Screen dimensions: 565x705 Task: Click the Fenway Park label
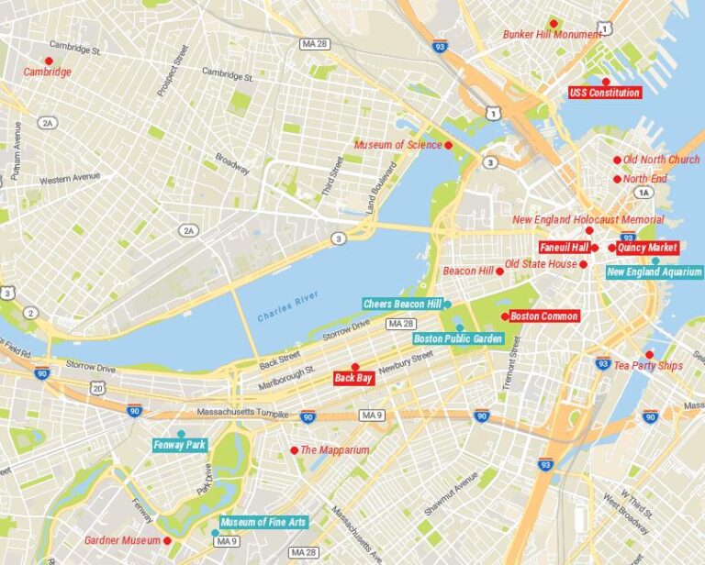[180, 445]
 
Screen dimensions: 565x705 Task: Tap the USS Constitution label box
[604, 93]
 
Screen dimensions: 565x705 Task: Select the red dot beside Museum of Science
[449, 145]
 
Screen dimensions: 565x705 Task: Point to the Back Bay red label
[354, 378]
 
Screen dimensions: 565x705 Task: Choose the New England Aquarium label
[654, 271]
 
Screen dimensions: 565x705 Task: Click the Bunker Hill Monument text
[552, 35]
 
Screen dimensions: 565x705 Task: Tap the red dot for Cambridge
[50, 61]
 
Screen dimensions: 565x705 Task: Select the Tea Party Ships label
[648, 366]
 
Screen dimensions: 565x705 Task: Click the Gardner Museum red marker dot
[167, 540]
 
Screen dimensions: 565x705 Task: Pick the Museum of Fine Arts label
[263, 522]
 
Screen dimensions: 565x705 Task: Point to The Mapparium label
[334, 450]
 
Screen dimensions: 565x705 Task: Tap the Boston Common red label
[543, 316]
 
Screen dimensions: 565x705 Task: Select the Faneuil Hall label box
[563, 247]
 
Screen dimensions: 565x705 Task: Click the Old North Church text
[661, 160]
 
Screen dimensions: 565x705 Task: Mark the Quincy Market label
[646, 247]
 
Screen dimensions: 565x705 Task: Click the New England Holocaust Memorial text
[587, 220]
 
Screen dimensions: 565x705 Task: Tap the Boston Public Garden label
[457, 338]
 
